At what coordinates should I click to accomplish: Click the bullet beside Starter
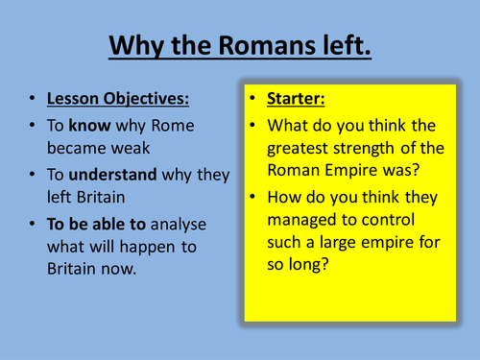click(x=252, y=99)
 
